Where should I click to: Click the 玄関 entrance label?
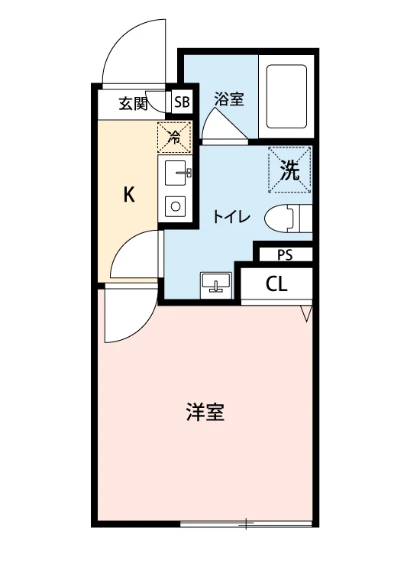(133, 104)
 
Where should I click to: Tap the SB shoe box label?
(182, 102)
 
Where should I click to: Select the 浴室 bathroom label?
(229, 99)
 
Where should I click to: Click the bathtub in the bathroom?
(286, 96)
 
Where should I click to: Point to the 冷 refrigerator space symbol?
(175, 138)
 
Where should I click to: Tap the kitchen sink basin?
(177, 173)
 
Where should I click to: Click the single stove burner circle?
(176, 207)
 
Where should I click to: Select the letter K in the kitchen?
(129, 194)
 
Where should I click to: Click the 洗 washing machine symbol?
(289, 170)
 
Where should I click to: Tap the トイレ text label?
(231, 218)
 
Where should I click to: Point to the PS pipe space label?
(285, 254)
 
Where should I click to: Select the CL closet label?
(276, 284)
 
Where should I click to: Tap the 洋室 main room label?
(205, 412)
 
